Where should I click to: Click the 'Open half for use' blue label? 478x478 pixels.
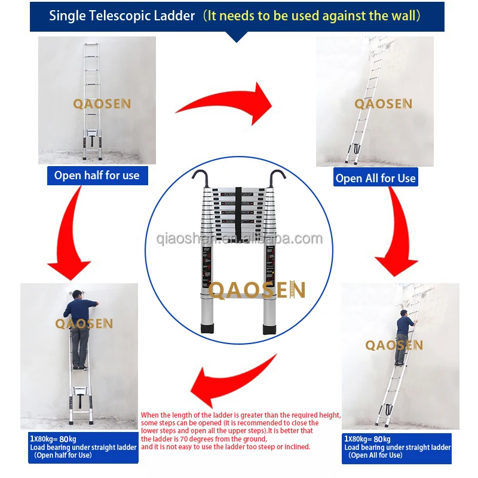pos(97,175)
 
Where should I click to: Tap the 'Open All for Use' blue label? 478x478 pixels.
pos(375,177)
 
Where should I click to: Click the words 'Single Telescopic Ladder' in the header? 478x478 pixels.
pos(122,16)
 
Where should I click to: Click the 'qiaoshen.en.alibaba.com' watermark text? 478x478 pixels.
pos(238,240)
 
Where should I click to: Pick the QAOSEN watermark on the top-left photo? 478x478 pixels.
pos(102,104)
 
